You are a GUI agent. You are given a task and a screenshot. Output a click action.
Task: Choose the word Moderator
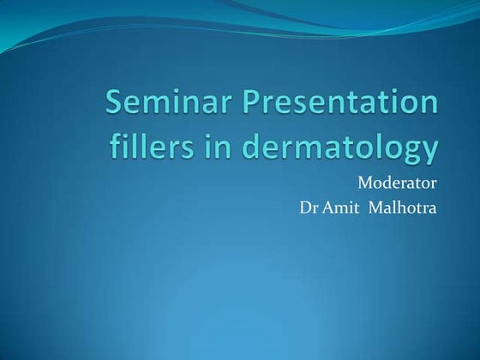pyautogui.click(x=397, y=183)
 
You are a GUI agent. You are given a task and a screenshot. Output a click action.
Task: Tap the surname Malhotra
pyautogui.click(x=403, y=207)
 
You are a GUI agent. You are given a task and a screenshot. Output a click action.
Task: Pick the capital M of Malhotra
pyautogui.click(x=376, y=207)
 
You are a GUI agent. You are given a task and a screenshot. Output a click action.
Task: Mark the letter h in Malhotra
pyautogui.click(x=401, y=207)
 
